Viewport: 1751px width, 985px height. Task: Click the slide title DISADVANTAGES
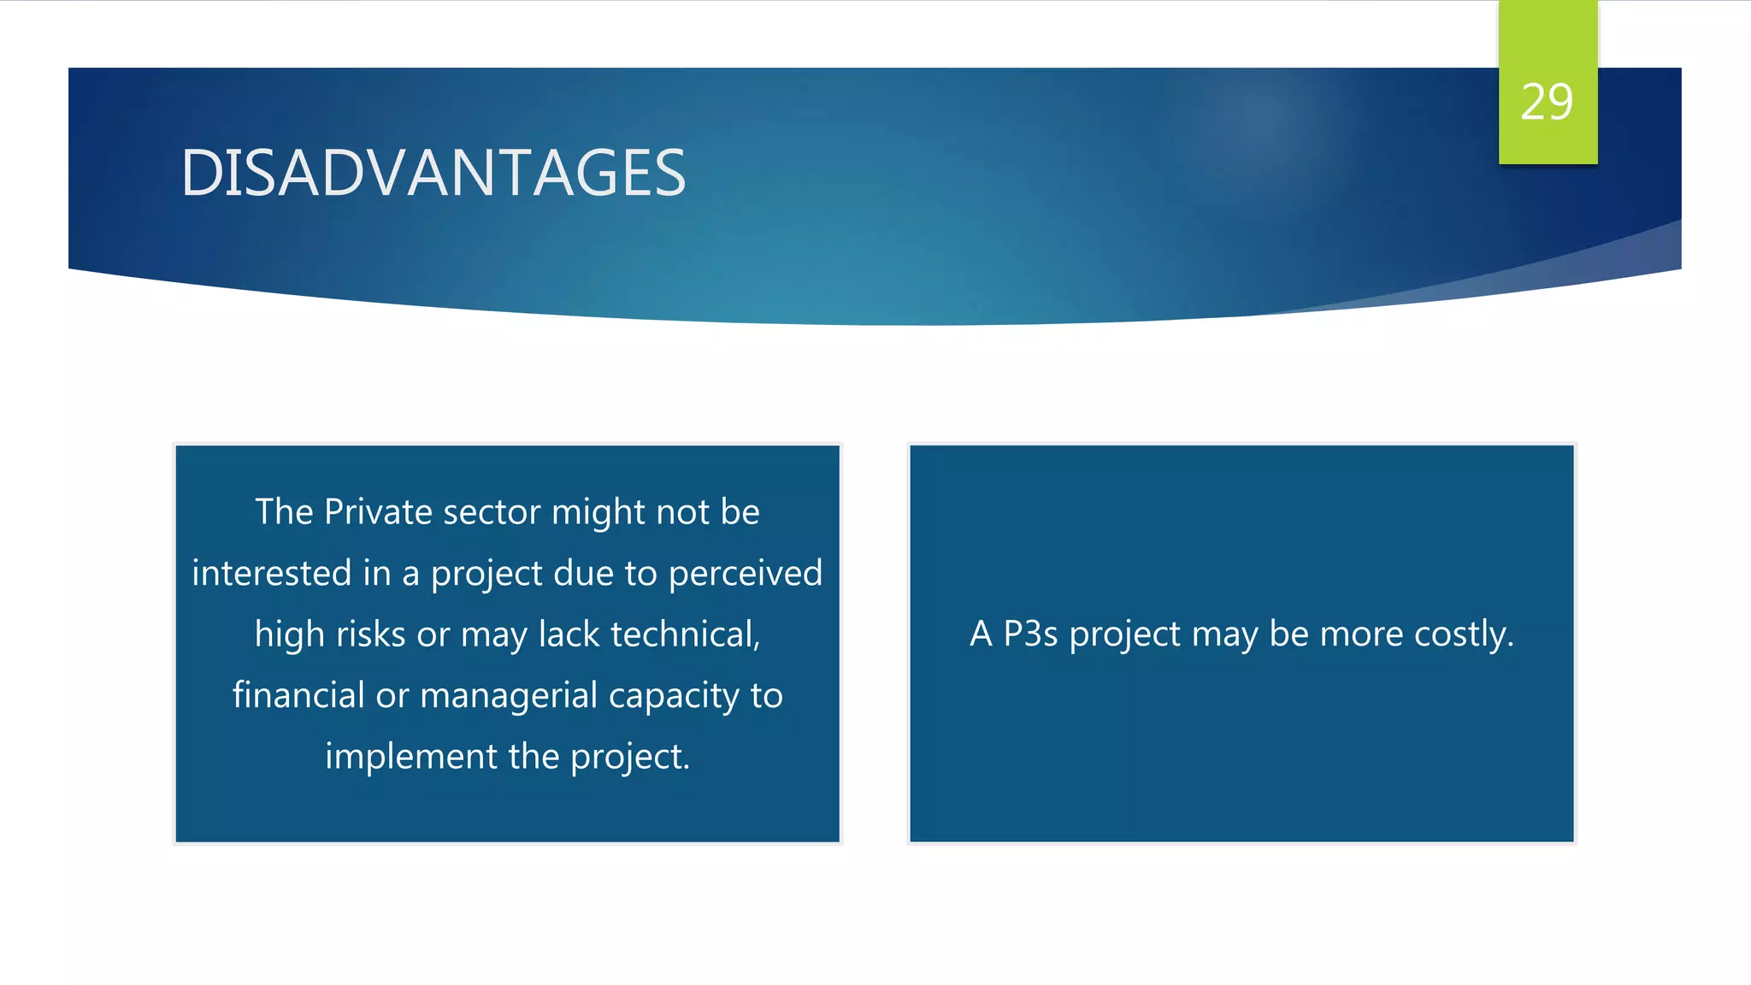[433, 173]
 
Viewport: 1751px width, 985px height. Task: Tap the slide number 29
[1547, 103]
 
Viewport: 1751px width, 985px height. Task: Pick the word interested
[271, 573]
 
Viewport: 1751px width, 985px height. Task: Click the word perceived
[745, 573]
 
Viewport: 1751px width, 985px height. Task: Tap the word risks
[370, 634]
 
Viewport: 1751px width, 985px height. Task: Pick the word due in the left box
[581, 573]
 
